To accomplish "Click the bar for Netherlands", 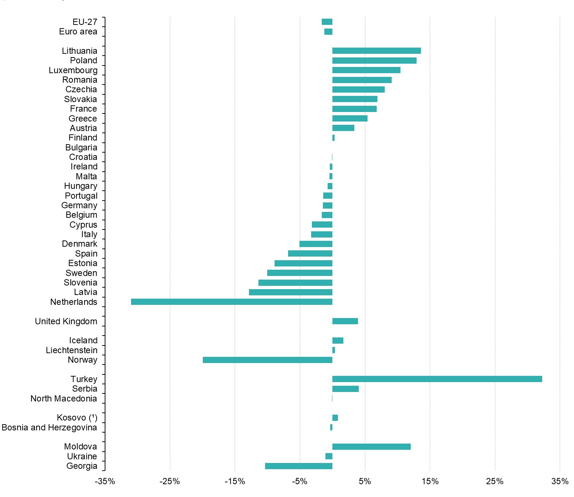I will click(231, 302).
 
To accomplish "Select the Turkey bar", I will click(437, 379).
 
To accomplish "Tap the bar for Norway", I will click(267, 360).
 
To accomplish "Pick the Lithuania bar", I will click(376, 51).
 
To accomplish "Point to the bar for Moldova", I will click(371, 446).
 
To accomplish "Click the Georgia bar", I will click(298, 466).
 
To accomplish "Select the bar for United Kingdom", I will click(345, 321).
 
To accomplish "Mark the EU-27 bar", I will click(327, 22).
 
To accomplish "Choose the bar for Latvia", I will click(290, 292).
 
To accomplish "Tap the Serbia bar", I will click(345, 389).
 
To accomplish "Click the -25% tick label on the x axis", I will click(169, 481).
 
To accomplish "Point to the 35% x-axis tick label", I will click(560, 481).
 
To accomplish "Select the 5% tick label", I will click(365, 481).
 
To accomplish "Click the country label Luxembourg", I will click(73, 70).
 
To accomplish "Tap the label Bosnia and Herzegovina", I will click(49, 427).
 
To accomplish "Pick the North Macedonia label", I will click(64, 399).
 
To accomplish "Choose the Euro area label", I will click(78, 31).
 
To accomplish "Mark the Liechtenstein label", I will click(71, 350).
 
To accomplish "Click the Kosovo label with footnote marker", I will click(77, 418).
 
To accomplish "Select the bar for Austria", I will click(343, 128).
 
